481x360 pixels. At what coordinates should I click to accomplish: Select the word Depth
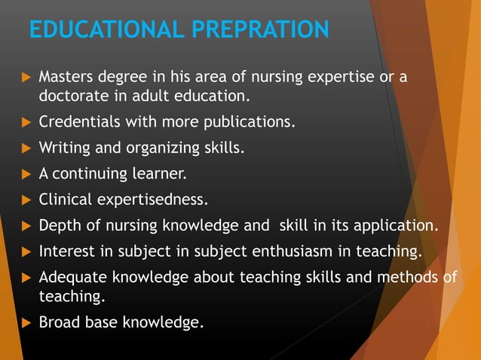[x=57, y=225]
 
